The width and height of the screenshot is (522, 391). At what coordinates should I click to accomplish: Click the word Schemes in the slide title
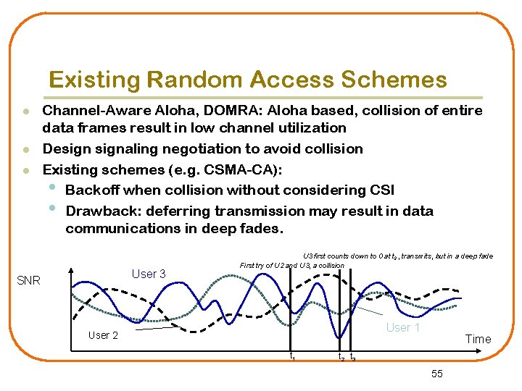(x=400, y=80)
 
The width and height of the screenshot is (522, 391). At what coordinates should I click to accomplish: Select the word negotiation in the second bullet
(x=222, y=148)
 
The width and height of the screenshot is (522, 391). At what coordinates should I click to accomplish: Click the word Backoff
(x=92, y=190)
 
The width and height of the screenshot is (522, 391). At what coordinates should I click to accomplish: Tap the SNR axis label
(x=28, y=280)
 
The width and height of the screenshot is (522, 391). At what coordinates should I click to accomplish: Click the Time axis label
(x=478, y=339)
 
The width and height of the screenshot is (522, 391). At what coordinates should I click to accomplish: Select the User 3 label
(x=149, y=274)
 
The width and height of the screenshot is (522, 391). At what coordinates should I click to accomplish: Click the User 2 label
(x=103, y=335)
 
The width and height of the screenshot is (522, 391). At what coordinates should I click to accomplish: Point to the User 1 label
(x=403, y=327)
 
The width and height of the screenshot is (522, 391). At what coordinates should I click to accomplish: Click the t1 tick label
(x=291, y=357)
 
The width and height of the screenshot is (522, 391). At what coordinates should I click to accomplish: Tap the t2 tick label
(x=341, y=358)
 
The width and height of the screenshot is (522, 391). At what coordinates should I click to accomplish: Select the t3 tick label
(x=352, y=358)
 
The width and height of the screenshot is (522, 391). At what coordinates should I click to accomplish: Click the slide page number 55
(x=436, y=374)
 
